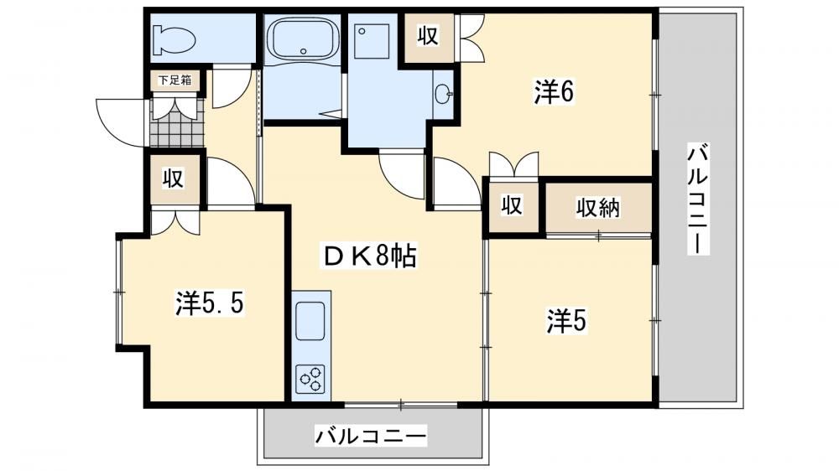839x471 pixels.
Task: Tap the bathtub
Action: [304, 39]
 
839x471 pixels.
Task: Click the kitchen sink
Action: [310, 321]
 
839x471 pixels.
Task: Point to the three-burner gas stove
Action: [311, 379]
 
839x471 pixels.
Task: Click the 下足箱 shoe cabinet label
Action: [175, 80]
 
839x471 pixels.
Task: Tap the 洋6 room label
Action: [553, 92]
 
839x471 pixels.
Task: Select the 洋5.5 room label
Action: [209, 303]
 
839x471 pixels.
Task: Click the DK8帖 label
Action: [368, 256]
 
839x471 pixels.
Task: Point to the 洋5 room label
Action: [566, 321]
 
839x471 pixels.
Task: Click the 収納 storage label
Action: [597, 208]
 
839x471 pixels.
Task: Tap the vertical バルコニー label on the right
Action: [698, 199]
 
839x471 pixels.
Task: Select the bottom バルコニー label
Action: [370, 437]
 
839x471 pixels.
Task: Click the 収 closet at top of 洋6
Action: [428, 36]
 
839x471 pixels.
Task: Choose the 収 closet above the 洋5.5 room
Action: [174, 178]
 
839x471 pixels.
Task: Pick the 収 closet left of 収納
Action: [512, 206]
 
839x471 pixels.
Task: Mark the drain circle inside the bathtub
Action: [304, 51]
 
